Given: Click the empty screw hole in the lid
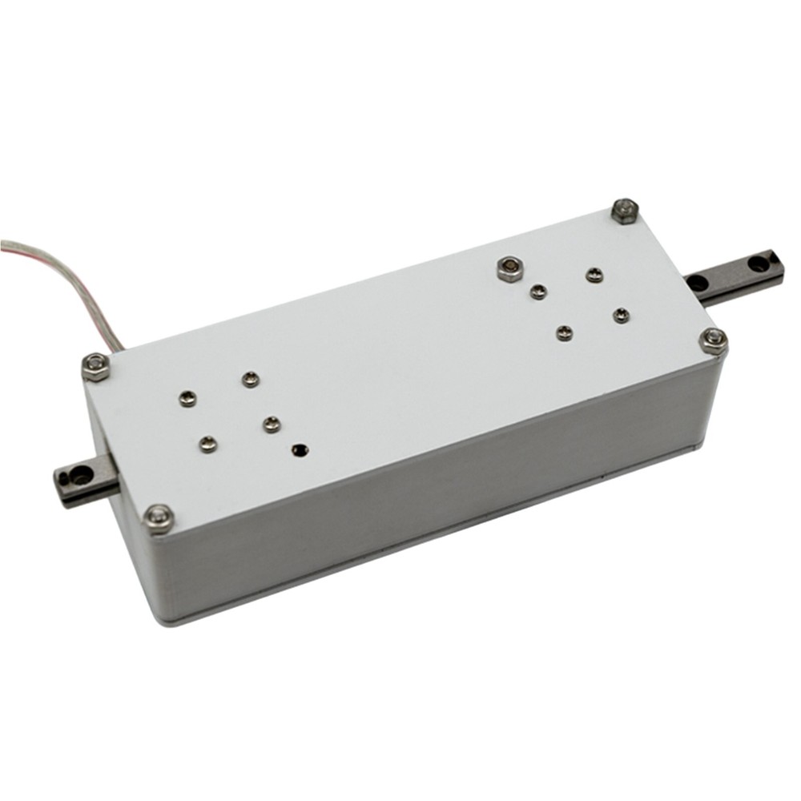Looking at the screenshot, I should point(301,451).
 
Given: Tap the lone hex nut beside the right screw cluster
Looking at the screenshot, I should point(508,268).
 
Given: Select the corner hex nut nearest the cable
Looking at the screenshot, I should point(96,366).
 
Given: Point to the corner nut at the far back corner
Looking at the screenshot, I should point(625,211).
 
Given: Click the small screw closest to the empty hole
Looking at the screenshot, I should point(272,423).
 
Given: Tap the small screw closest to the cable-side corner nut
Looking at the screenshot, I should point(187,397).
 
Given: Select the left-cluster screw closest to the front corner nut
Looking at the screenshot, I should point(208,442).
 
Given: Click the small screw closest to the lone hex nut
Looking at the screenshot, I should point(538,292).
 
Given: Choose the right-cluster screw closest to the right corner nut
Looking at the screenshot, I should point(621,316).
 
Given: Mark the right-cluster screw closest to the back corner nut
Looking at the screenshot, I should point(594,276).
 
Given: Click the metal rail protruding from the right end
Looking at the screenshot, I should point(733,275).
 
